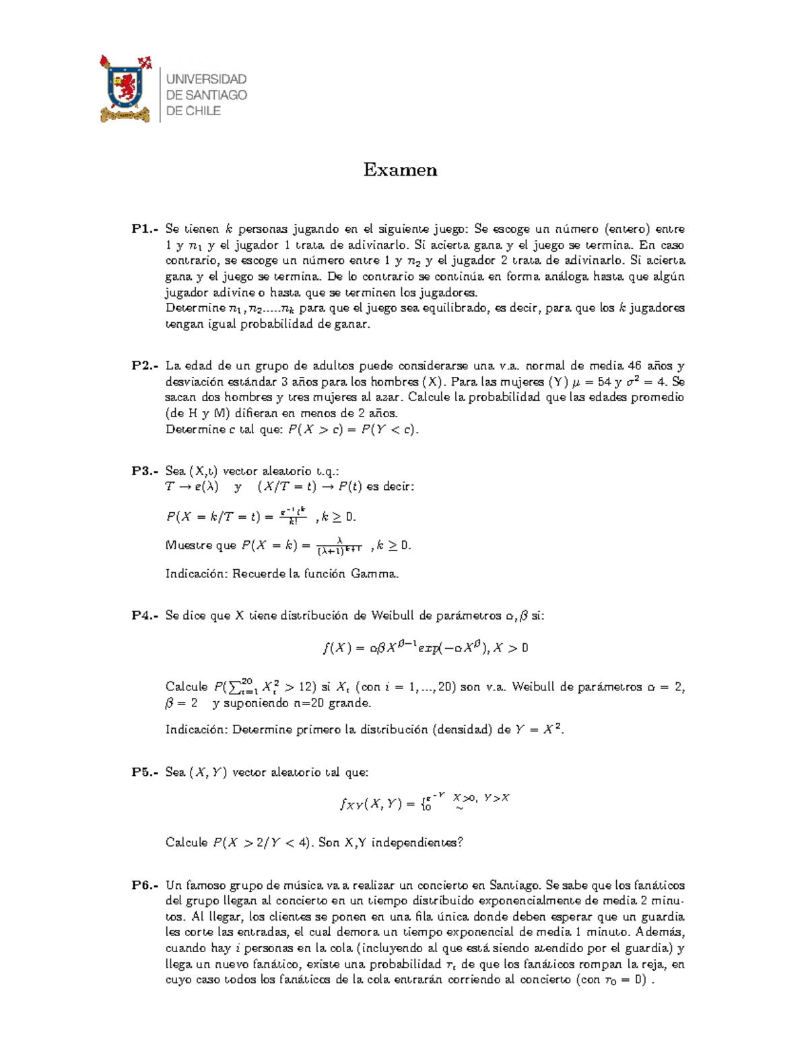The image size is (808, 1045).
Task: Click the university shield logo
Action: coord(125,89)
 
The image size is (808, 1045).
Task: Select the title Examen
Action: coord(400,170)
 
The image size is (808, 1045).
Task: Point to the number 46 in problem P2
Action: coord(634,366)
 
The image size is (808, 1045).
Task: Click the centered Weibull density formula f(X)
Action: coord(426,648)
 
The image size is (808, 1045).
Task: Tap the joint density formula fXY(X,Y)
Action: coord(424,802)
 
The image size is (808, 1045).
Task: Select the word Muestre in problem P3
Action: coord(187,546)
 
